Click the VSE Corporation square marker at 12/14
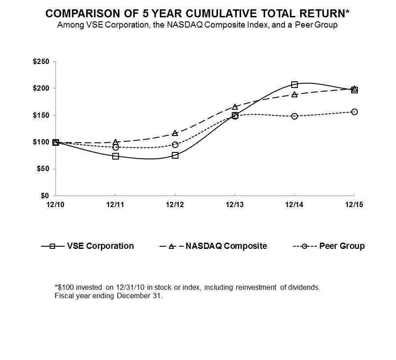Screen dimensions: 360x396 point(294,85)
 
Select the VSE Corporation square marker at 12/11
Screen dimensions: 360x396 point(115,156)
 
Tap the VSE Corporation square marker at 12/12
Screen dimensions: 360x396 point(175,156)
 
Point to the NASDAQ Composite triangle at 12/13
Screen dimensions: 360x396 point(235,107)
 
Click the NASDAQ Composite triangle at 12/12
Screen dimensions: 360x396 point(175,133)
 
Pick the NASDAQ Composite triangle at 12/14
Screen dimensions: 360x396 point(294,94)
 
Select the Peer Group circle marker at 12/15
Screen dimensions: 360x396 point(354,112)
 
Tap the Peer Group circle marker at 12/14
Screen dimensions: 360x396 point(294,116)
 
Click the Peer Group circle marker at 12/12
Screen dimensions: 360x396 point(175,144)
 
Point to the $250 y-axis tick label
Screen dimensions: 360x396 point(41,61)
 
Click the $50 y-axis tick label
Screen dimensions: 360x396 point(43,169)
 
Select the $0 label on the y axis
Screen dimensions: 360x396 point(45,196)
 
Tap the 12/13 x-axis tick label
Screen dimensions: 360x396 point(235,204)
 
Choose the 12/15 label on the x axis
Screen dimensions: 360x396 point(354,204)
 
